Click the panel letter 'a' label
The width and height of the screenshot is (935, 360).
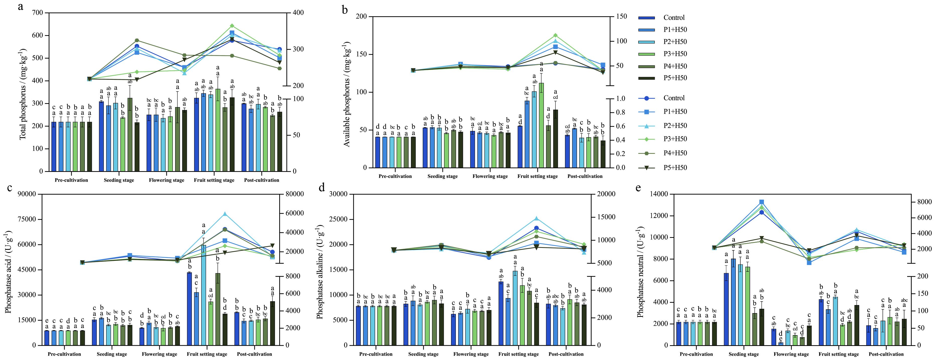click(21, 6)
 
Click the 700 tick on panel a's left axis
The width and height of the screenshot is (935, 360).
click(37, 13)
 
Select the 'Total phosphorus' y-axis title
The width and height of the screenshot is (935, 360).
click(23, 94)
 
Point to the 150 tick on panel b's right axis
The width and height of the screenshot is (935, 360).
click(621, 16)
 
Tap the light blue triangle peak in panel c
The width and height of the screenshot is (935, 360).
click(225, 214)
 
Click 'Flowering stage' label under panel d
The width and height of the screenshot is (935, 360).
click(471, 354)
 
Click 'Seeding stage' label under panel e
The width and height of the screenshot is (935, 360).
click(744, 354)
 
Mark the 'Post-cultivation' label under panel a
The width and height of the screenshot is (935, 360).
click(261, 180)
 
